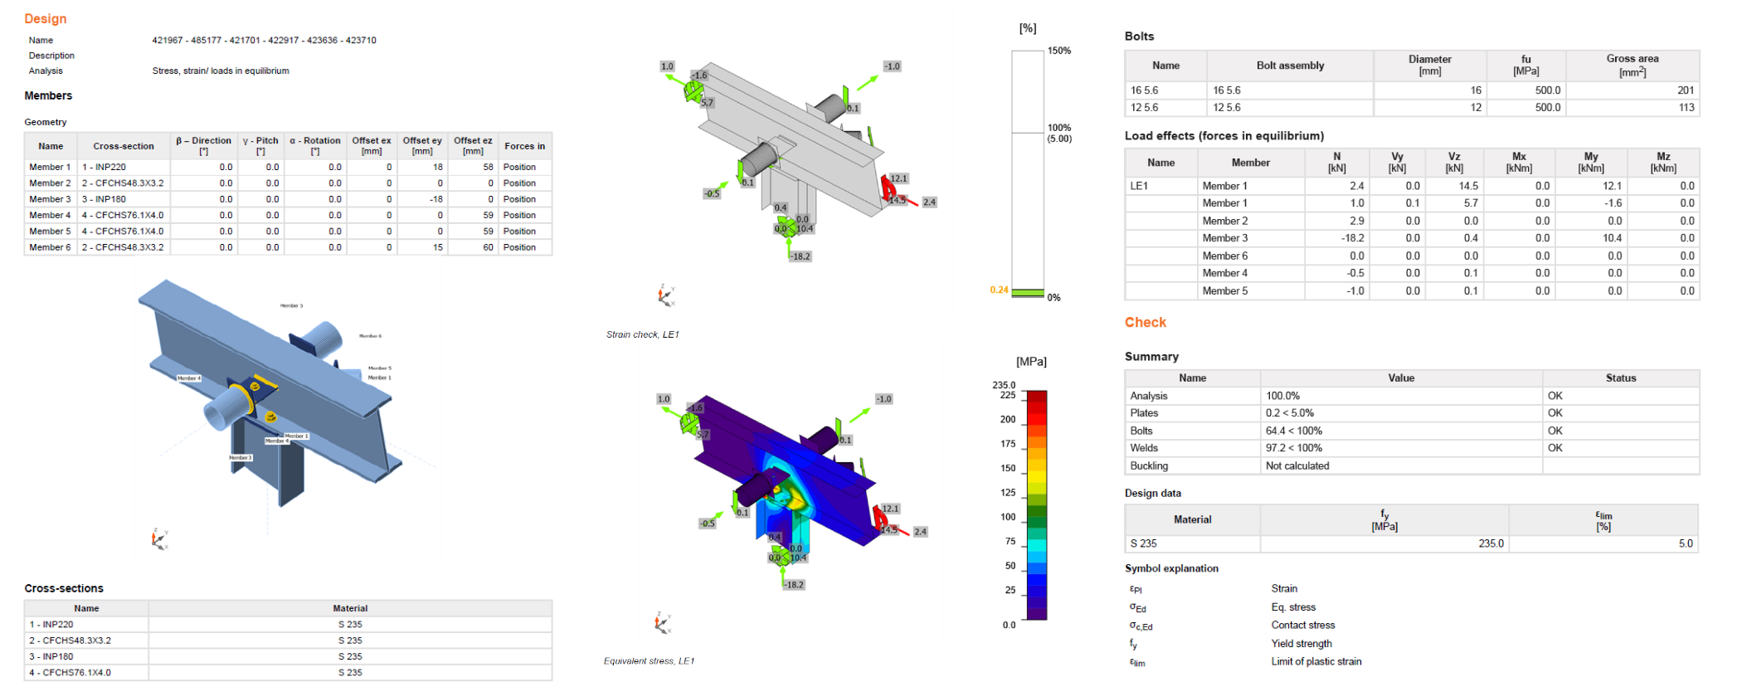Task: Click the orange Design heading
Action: (45, 18)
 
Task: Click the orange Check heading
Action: (1145, 322)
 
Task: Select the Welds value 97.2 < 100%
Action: (1294, 448)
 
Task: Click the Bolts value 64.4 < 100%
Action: (1294, 431)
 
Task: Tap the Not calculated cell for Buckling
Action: (1297, 465)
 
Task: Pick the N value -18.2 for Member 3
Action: (1352, 238)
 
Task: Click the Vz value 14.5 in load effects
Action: (1468, 186)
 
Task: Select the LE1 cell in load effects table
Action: (1139, 186)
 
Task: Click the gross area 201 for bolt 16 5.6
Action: (1685, 90)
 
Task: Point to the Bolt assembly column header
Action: (1290, 66)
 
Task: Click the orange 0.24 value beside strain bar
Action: (999, 290)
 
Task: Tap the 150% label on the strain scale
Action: (1059, 51)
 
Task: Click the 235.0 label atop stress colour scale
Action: (1004, 385)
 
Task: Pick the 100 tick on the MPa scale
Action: (1008, 517)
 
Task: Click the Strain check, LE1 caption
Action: (642, 334)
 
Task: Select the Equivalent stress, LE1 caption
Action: (649, 660)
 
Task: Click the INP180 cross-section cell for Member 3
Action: (103, 199)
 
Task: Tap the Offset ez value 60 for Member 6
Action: (488, 247)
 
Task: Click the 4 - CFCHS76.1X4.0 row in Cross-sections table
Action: (70, 672)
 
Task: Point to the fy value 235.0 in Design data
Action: (1490, 543)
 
